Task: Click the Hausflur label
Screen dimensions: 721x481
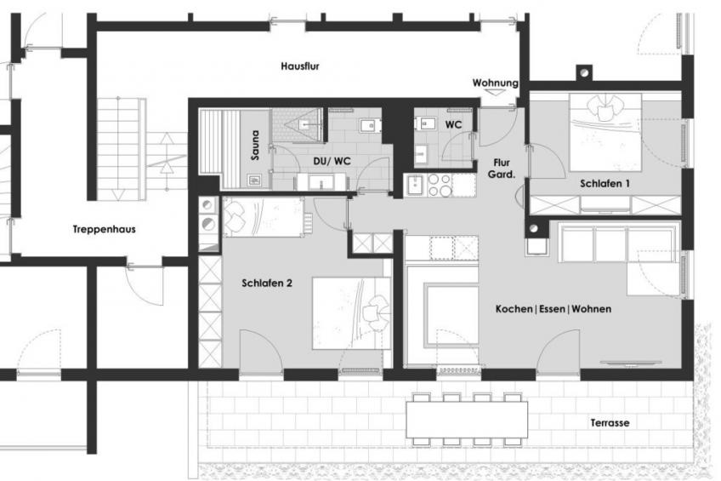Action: [x=300, y=66]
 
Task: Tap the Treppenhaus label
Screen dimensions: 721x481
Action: [x=105, y=229]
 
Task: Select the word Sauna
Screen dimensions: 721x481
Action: [x=255, y=146]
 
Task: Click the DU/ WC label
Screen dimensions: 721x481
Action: [x=332, y=161]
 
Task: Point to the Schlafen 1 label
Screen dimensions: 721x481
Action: [x=605, y=184]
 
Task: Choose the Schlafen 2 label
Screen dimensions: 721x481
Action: [x=267, y=283]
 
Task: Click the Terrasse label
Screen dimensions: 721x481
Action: [x=610, y=422]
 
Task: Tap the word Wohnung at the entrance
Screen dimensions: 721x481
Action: [x=495, y=83]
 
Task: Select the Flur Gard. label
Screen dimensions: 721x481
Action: [x=501, y=169]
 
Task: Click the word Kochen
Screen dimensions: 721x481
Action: [x=514, y=309]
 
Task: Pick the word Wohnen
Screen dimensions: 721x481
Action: [x=591, y=309]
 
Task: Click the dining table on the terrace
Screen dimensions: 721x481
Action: [x=467, y=420]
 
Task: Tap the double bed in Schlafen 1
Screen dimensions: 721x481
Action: [x=605, y=132]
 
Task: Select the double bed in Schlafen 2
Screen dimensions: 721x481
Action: [x=351, y=313]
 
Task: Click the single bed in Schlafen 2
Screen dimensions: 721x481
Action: [x=263, y=217]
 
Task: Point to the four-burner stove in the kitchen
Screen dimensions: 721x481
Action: [x=440, y=185]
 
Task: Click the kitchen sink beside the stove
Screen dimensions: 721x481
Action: [x=416, y=185]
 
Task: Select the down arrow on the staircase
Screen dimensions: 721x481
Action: [x=118, y=195]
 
